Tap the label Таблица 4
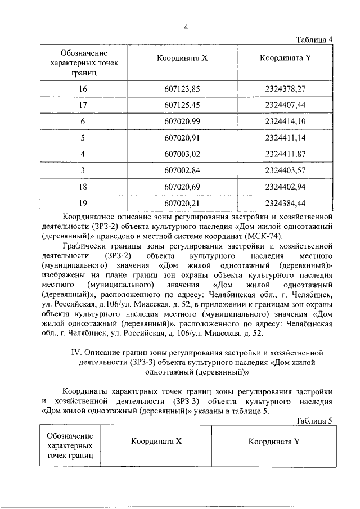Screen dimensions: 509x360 pos(314,39)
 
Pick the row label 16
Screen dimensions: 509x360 pos(83,89)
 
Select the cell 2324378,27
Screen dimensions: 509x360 pos(285,89)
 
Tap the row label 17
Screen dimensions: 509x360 pos(83,105)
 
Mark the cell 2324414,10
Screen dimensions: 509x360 pos(285,121)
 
